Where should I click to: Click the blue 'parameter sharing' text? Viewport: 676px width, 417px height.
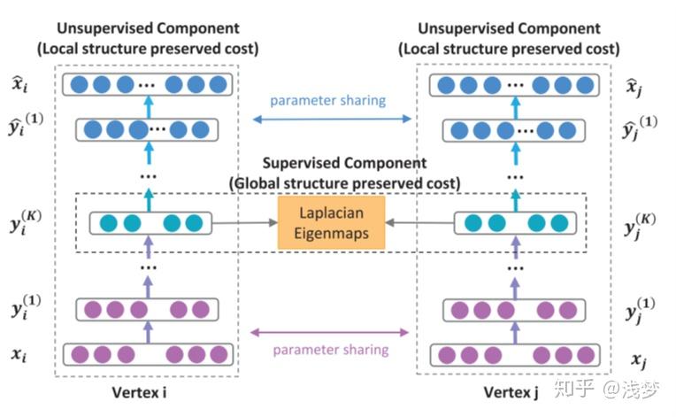(x=328, y=100)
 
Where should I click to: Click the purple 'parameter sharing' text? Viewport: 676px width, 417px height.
(x=330, y=350)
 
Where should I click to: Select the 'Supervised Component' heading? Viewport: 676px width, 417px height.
(x=345, y=165)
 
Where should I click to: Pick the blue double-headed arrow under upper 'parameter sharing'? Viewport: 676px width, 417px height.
(x=329, y=118)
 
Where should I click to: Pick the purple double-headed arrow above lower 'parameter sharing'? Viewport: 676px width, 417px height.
(x=330, y=332)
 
